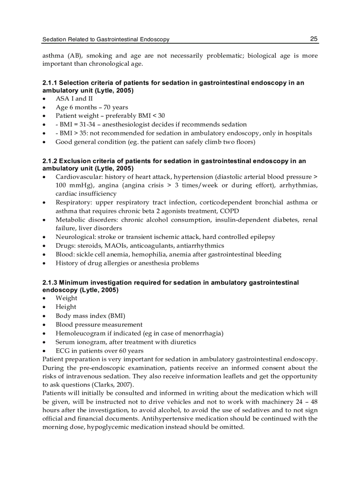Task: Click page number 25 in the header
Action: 314,39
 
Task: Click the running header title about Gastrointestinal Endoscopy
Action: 106,40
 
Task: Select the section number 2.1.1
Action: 50,83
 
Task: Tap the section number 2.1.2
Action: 50,161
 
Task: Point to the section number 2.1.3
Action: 50,283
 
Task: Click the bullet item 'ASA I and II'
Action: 71,99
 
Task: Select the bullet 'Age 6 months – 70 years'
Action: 92,107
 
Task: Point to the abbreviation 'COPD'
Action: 229,211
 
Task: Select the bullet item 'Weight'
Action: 66,298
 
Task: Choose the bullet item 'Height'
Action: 66,307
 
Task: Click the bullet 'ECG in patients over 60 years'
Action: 99,351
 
